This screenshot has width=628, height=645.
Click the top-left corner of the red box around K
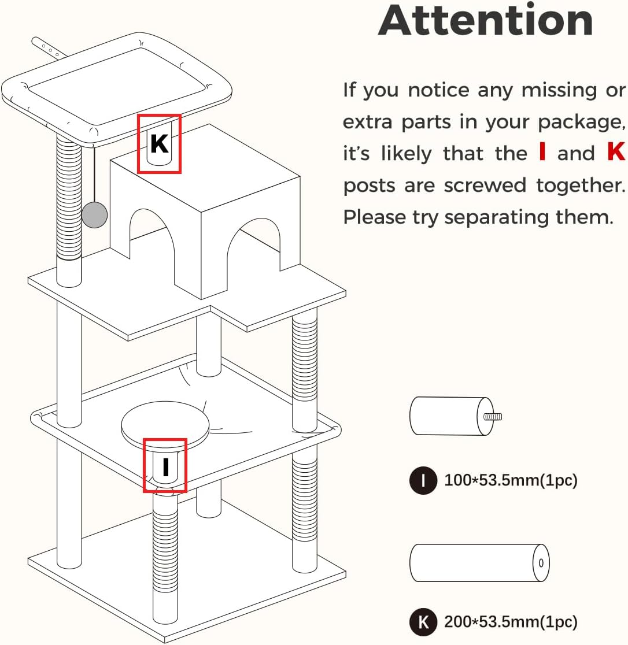click(138, 115)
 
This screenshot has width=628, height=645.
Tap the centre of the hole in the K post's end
click(541, 563)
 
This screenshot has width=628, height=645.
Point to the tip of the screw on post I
click(501, 417)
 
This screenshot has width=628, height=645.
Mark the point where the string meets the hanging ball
click(94, 201)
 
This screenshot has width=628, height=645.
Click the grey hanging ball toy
click(94, 214)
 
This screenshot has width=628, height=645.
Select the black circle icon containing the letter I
click(423, 480)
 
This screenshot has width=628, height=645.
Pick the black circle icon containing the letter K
click(423, 621)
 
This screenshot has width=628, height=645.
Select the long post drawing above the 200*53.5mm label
click(479, 563)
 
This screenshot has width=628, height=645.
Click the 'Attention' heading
click(486, 20)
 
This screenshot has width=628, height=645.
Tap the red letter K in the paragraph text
click(616, 151)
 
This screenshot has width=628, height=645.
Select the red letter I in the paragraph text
click(542, 151)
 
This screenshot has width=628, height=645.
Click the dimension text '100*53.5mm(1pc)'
click(511, 480)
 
